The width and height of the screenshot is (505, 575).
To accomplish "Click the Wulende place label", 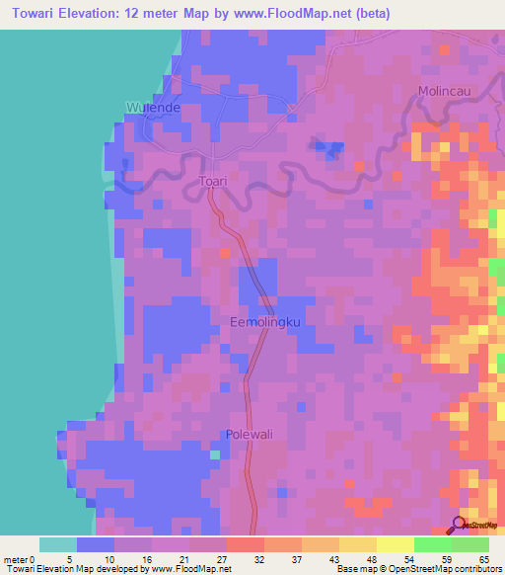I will click(x=151, y=107).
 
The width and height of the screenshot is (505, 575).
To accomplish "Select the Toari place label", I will click(x=213, y=182).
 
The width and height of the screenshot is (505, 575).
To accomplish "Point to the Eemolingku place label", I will click(x=263, y=323).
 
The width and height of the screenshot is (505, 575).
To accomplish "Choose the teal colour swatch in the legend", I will click(x=58, y=544).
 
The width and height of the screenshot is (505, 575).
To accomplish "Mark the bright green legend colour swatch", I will click(x=433, y=544).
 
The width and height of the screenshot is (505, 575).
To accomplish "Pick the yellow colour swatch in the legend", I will click(x=396, y=544).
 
